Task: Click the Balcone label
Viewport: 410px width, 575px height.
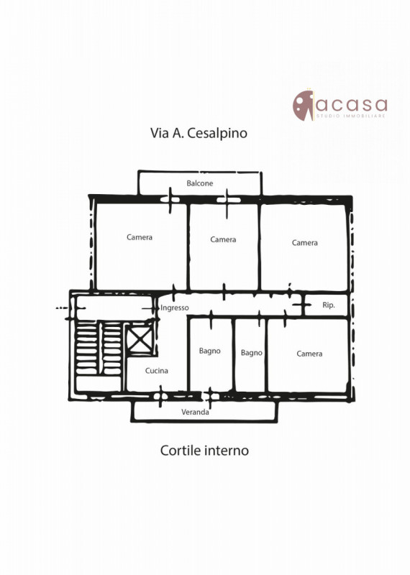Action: pos(200,183)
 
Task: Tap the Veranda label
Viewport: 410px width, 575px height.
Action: pos(195,412)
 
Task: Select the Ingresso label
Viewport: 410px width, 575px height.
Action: pos(175,308)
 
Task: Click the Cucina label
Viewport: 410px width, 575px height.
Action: pos(157,370)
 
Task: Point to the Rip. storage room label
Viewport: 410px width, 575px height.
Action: pos(329,305)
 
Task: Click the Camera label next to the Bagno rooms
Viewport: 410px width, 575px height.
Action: pos(309,354)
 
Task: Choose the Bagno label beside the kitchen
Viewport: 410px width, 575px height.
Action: pos(209,351)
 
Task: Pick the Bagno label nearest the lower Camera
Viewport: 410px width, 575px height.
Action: pos(252,353)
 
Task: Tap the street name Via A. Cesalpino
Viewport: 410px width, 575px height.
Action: pos(199,133)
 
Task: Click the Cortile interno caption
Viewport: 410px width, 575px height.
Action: pos(204,450)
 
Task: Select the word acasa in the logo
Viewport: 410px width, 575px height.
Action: pos(352,104)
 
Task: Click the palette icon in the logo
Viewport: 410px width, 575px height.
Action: pos(304,105)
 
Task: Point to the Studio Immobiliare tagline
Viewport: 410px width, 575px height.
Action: pos(351,116)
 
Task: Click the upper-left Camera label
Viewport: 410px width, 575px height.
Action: pos(140,237)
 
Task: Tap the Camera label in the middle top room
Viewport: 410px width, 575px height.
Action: pos(223,239)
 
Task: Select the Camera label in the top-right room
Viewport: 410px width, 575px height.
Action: pos(305,243)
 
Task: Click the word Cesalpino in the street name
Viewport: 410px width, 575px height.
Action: pos(217,133)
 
